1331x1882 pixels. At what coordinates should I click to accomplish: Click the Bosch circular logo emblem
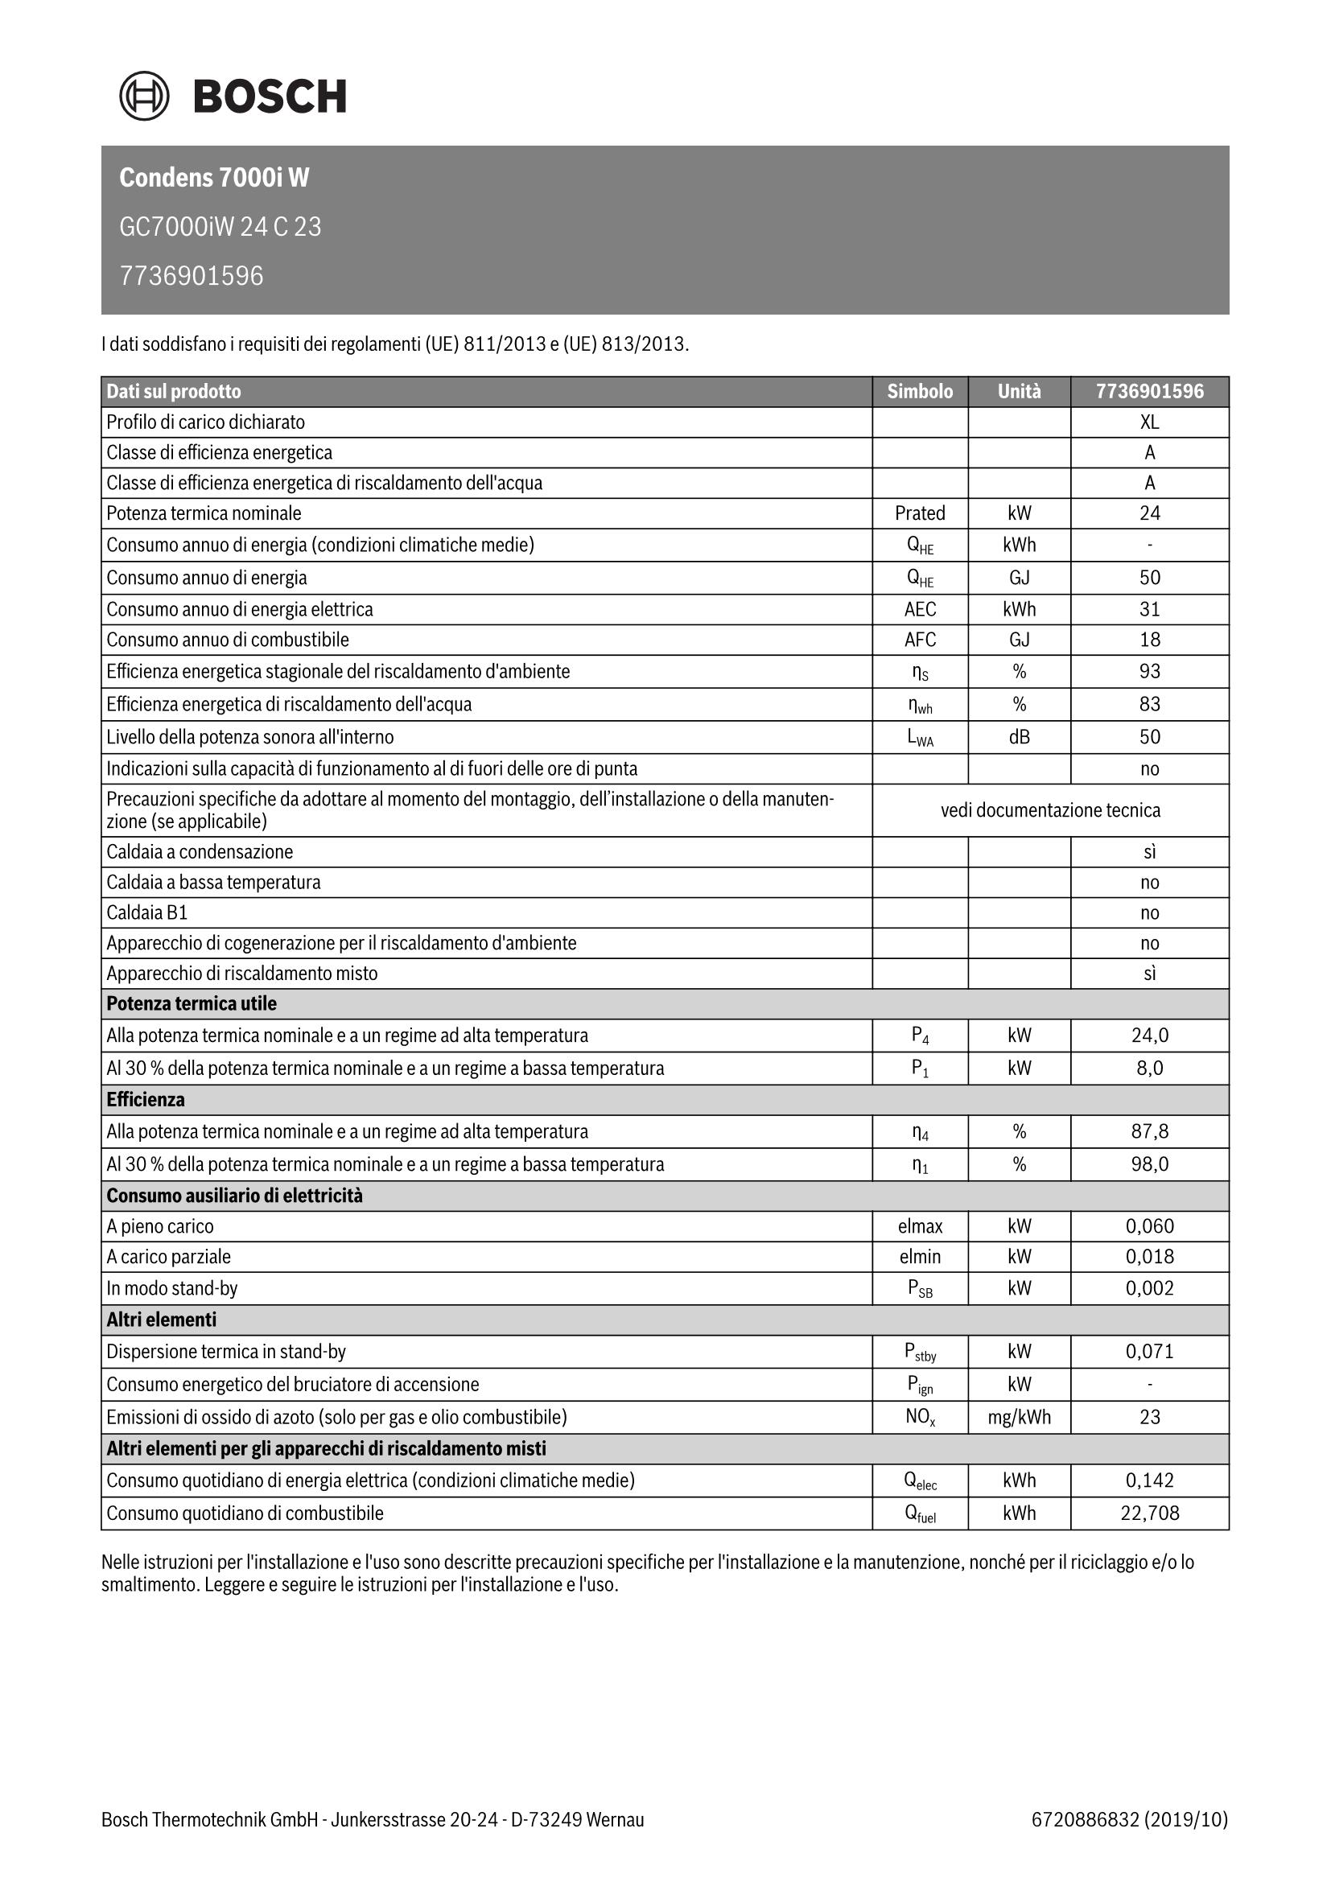tap(144, 96)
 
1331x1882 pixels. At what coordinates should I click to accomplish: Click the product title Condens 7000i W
tap(214, 178)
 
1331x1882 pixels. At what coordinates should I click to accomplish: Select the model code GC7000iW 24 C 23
tap(220, 226)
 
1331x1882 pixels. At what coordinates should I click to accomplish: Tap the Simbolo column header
tap(920, 392)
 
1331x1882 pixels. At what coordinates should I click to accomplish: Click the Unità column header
tap(1019, 392)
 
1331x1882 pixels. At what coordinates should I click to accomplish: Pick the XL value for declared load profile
tap(1149, 422)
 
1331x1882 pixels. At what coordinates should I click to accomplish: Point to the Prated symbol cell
tap(920, 513)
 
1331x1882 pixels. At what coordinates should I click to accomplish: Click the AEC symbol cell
tap(920, 609)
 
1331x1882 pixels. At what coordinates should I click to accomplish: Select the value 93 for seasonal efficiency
tap(1149, 671)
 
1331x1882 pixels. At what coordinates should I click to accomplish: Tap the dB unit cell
tap(1019, 737)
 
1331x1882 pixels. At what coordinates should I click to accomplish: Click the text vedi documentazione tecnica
tap(1050, 811)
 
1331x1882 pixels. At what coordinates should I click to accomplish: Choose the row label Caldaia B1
tap(147, 912)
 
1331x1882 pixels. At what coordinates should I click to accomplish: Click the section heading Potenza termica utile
tap(192, 1004)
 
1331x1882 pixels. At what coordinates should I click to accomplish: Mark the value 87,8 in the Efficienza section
tap(1149, 1132)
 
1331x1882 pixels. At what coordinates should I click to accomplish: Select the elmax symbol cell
tap(920, 1226)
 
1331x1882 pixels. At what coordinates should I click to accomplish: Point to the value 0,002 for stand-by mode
tap(1149, 1288)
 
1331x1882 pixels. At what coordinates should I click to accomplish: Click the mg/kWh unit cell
tap(1019, 1417)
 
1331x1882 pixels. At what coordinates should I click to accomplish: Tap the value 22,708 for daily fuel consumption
tap(1149, 1513)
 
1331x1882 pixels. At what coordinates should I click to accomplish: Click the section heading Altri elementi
tap(162, 1320)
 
